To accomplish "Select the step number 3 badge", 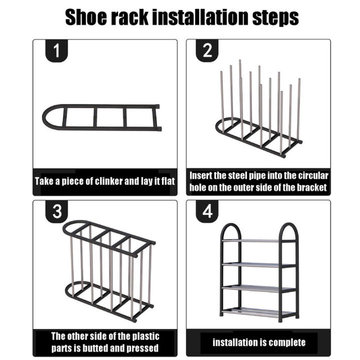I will [x=57, y=211].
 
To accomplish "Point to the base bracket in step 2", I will [x=255, y=140].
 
